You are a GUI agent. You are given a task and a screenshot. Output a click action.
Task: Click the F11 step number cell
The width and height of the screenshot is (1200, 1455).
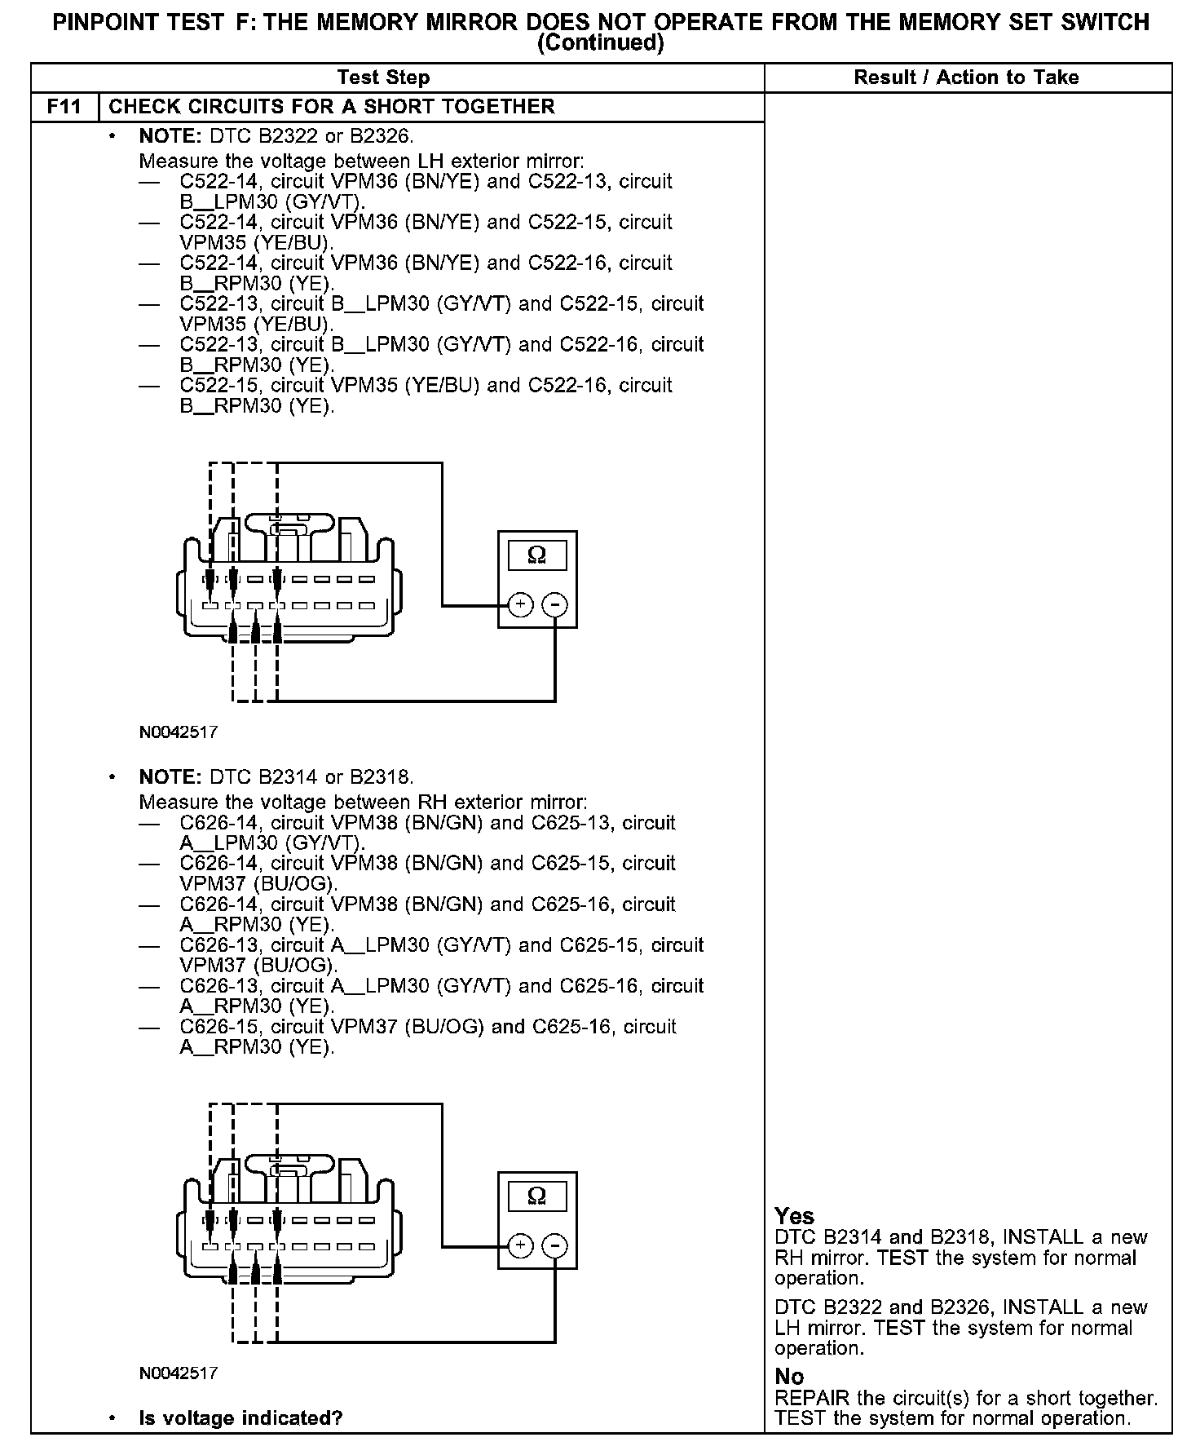tap(64, 107)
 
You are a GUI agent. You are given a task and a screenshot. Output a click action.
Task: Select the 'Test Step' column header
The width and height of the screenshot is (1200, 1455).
tap(383, 77)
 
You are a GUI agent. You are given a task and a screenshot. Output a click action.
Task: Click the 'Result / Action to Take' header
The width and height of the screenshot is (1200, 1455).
tap(966, 77)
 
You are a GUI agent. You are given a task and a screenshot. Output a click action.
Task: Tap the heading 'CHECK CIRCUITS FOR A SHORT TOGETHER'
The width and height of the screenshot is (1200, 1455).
tap(332, 107)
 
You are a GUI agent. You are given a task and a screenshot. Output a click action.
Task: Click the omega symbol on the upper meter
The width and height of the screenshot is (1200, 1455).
tap(536, 555)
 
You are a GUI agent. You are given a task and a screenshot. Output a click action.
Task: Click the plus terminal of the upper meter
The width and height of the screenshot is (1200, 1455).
tap(520, 605)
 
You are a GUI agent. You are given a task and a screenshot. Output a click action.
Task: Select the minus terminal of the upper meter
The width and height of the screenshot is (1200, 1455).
tap(555, 605)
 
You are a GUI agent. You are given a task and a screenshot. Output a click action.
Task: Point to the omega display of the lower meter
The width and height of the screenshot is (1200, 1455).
tap(536, 1196)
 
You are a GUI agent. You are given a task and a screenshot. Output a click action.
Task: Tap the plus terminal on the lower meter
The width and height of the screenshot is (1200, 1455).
tap(520, 1246)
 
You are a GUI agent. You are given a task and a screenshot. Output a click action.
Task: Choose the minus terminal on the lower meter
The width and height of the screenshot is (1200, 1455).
tap(555, 1246)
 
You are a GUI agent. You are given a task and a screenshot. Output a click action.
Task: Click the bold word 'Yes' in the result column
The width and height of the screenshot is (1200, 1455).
tap(795, 1216)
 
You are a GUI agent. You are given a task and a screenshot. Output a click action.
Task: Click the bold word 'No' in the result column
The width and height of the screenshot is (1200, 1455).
tap(789, 1377)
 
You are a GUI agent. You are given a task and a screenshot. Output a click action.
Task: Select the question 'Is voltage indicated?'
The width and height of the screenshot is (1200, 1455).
tap(240, 1418)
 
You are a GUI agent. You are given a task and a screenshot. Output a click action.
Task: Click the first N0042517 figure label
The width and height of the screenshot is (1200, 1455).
tap(179, 732)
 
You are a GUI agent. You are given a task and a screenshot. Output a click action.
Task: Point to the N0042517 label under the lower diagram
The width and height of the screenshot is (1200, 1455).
tap(179, 1373)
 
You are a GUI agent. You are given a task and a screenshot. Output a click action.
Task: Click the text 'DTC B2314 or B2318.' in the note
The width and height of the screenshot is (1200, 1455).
tap(312, 776)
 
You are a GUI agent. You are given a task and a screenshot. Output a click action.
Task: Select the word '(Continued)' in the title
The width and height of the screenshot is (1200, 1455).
tap(601, 42)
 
